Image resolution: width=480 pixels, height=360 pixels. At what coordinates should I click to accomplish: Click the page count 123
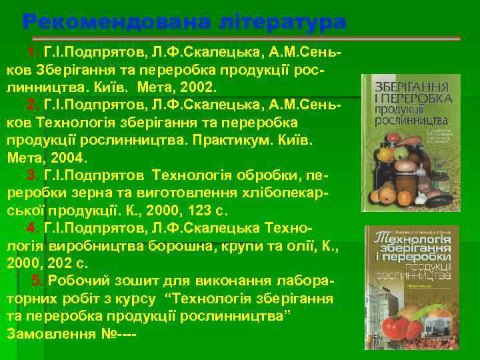click(184, 211)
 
